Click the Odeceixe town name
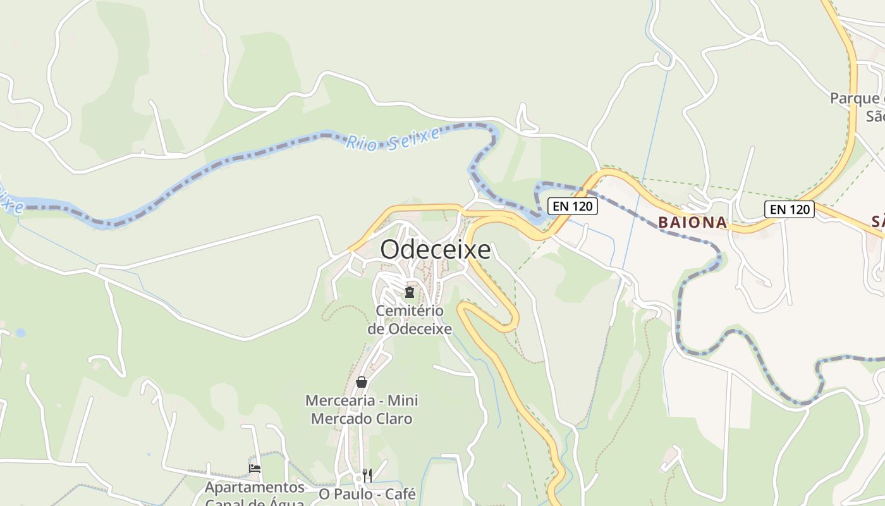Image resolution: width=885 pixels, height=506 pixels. click(435, 250)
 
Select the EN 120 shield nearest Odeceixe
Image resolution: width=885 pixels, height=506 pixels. click(573, 206)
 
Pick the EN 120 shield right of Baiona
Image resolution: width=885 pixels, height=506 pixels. click(789, 209)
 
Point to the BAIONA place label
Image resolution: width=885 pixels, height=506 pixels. click(692, 223)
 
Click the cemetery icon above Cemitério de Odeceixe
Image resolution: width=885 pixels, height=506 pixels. click(410, 292)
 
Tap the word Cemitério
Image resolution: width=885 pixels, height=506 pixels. click(410, 311)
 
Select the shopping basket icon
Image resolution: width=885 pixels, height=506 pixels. click(362, 382)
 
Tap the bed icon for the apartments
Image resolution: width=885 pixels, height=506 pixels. click(255, 469)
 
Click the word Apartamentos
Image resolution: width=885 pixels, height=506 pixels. click(255, 488)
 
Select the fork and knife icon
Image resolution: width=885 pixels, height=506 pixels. click(367, 475)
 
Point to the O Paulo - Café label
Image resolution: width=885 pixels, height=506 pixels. click(367, 494)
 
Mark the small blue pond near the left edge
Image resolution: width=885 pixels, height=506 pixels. click(21, 332)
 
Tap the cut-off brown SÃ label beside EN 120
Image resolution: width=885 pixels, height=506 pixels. click(877, 221)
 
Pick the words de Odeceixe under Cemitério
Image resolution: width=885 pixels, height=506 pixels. click(410, 329)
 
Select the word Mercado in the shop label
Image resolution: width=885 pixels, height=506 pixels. click(337, 419)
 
